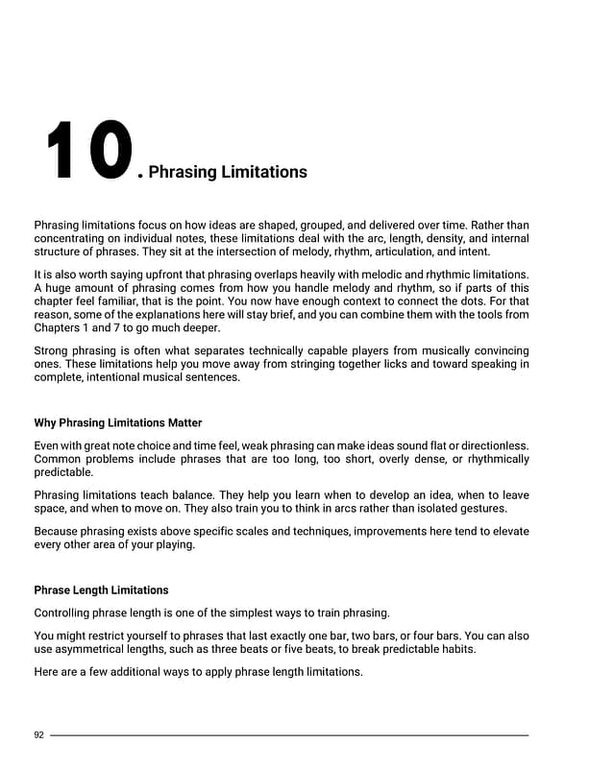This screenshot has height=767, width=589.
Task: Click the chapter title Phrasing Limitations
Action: pyautogui.click(x=228, y=172)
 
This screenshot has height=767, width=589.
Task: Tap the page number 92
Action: pyautogui.click(x=39, y=735)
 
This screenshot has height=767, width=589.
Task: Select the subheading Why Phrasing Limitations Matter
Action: pyautogui.click(x=118, y=422)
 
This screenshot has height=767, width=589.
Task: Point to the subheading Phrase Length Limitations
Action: pyautogui.click(x=101, y=589)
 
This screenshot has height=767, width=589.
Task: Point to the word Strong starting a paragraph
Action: pyautogui.click(x=52, y=351)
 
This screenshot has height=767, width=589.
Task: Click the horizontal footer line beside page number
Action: pyautogui.click(x=288, y=735)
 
